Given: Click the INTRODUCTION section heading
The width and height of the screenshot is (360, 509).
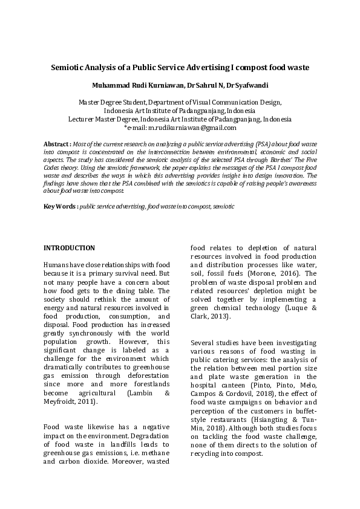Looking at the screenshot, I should (70, 248).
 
